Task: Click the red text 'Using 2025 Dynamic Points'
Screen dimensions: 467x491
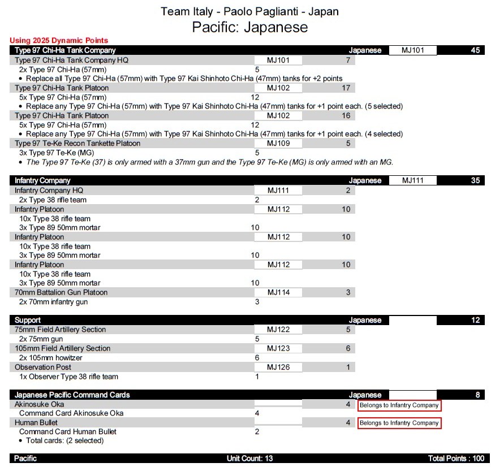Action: [59, 41]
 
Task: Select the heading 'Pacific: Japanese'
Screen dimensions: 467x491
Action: [250, 27]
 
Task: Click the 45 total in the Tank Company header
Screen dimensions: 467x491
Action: [475, 50]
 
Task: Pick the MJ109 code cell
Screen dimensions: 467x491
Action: [278, 144]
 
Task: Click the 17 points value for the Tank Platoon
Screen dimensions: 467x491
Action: [348, 88]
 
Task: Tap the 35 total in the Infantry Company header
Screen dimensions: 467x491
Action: [475, 180]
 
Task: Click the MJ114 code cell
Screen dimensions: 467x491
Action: [278, 292]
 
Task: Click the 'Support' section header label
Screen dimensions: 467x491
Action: [28, 320]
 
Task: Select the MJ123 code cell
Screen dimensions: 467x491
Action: [278, 348]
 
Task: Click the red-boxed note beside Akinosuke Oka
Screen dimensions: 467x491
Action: [399, 405]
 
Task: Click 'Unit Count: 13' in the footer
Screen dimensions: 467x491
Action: [250, 459]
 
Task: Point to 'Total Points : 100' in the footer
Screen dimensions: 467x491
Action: [449, 459]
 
